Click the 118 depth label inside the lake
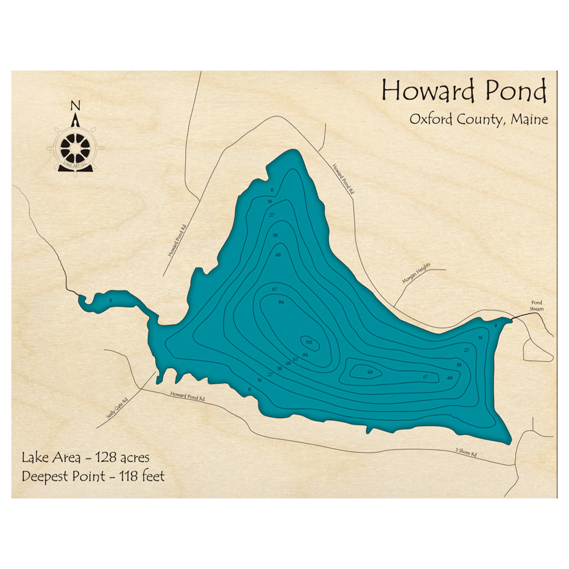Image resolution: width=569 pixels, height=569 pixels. point(309,343)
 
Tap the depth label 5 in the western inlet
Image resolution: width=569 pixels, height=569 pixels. point(111,300)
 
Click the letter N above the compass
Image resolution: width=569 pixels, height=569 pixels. point(75,106)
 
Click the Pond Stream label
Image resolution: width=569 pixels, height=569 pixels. point(537,306)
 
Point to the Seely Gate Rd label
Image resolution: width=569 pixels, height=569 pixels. point(117,408)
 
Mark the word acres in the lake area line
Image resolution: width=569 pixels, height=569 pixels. point(137,457)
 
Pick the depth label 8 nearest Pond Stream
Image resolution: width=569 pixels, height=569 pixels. point(496,325)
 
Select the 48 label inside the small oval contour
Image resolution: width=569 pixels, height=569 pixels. point(370,372)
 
